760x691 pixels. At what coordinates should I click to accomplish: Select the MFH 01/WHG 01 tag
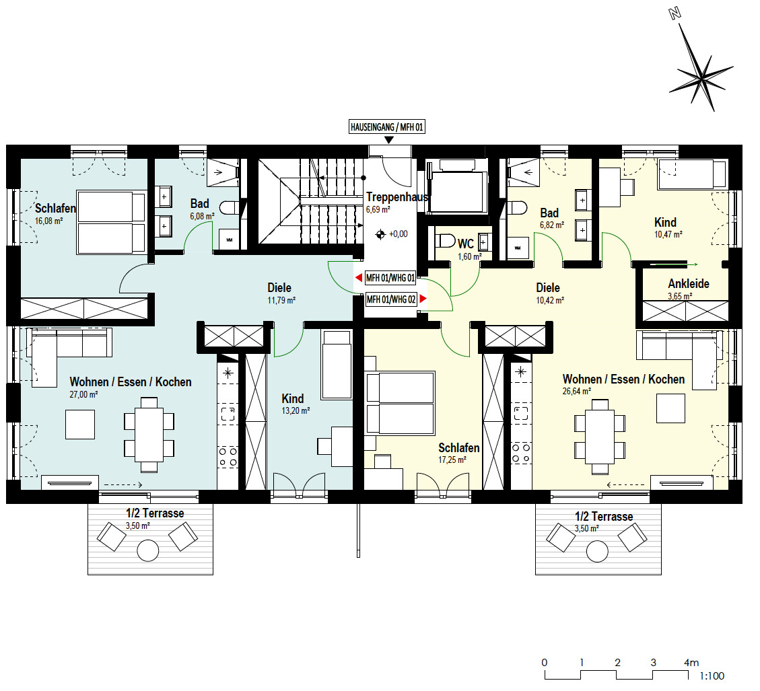click(390, 277)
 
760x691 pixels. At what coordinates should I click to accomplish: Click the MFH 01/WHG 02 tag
click(390, 299)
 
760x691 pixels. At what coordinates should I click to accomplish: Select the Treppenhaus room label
click(397, 197)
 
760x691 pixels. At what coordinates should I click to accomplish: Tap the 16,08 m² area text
click(48, 220)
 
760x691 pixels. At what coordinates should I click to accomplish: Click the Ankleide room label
click(688, 283)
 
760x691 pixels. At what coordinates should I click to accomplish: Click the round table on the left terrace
click(147, 551)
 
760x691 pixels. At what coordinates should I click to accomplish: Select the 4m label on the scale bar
click(691, 662)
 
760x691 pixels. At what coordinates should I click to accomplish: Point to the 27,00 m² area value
click(84, 394)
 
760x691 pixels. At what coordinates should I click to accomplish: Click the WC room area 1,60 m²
click(469, 256)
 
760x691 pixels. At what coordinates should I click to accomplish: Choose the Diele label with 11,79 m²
click(279, 288)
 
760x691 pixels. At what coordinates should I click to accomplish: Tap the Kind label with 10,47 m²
click(665, 222)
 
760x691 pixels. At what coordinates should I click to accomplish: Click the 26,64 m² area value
click(577, 391)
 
